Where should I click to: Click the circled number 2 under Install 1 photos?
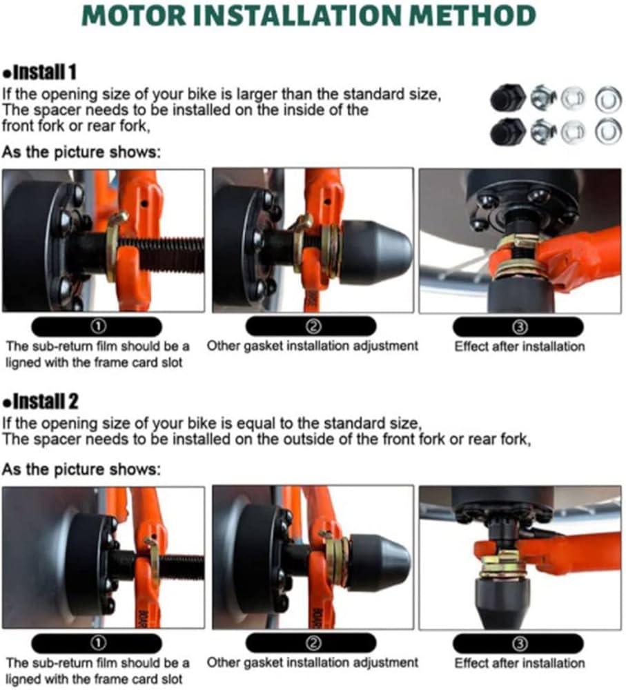click(x=312, y=326)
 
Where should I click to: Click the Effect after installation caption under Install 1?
click(x=519, y=346)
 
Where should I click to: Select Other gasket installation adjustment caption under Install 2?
click(x=313, y=662)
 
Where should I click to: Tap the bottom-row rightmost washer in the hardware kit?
click(x=608, y=130)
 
